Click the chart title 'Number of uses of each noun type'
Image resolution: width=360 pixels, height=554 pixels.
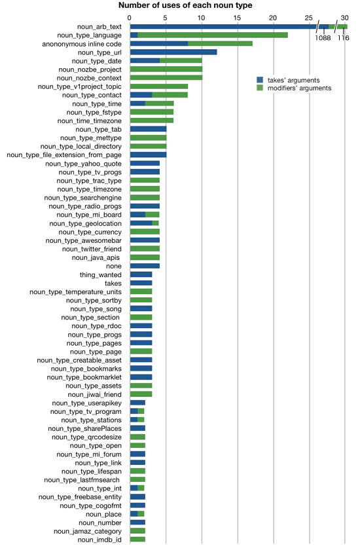pos(185,5)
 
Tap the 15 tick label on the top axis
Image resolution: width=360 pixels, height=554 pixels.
pos(237,18)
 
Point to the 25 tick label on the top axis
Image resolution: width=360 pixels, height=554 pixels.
pos(309,18)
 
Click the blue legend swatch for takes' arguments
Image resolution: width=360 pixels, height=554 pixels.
pos(260,80)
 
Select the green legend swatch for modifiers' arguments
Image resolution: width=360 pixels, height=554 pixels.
pos(260,88)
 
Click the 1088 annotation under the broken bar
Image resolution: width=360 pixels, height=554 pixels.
pos(323,38)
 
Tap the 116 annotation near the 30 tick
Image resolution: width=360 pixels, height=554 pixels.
pos(343,38)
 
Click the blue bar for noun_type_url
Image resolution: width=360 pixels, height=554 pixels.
pos(173,52)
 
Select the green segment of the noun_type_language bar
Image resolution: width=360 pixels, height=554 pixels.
pos(213,35)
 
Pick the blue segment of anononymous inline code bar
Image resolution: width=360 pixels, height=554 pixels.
pos(159,44)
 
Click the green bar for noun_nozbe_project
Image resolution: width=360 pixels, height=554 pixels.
pos(166,69)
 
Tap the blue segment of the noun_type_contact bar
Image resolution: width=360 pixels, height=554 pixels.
pos(141,95)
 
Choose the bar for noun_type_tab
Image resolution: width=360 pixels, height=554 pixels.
pos(149,129)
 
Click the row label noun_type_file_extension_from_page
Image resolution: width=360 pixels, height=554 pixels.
pos(64,155)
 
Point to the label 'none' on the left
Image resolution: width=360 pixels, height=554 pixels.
pos(114,266)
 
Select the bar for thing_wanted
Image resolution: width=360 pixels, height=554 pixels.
pos(141,274)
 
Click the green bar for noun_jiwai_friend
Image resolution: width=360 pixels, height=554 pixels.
pos(141,394)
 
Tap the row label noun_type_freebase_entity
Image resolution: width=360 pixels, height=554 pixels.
pos(80,497)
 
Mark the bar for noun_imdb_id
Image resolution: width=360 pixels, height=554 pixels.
pos(138,540)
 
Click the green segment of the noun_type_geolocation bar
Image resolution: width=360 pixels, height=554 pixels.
pos(155,223)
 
